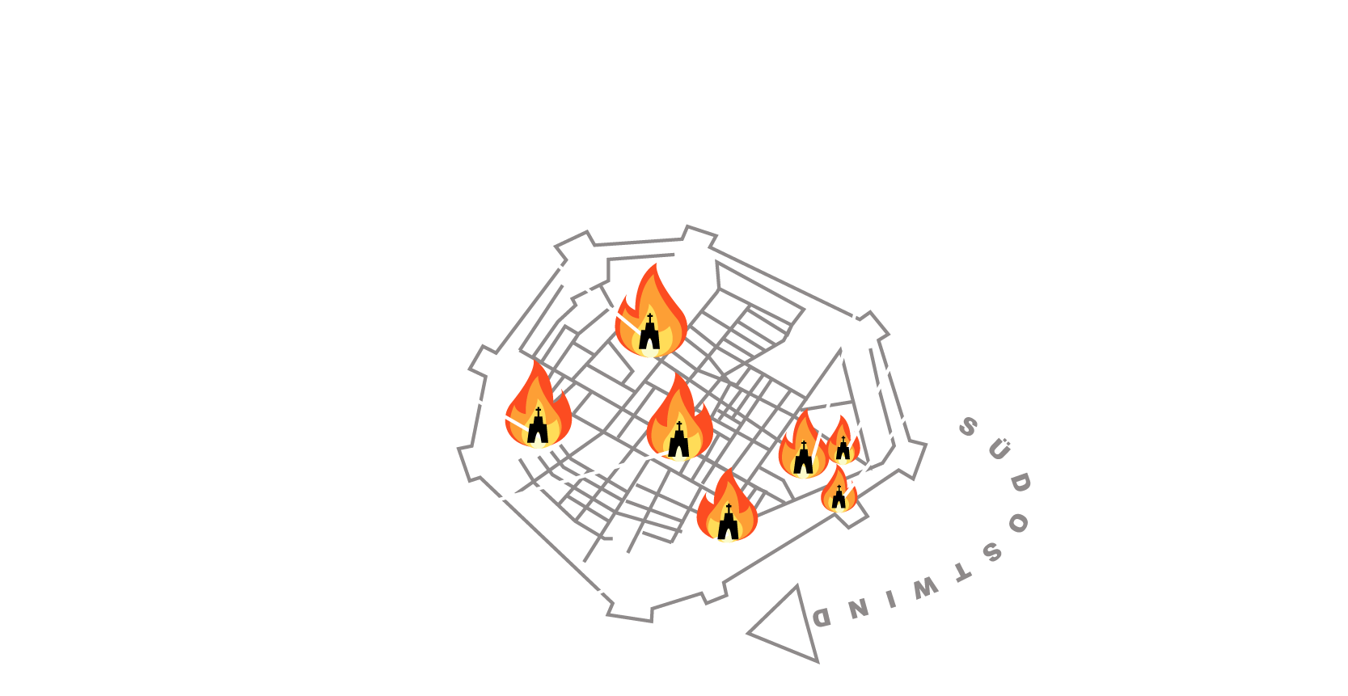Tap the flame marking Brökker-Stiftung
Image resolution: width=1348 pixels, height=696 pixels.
pyautogui.click(x=538, y=408)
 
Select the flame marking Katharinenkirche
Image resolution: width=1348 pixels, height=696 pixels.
pyautogui.click(x=679, y=422)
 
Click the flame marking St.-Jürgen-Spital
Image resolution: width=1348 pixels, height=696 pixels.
pyautogui.click(x=727, y=509)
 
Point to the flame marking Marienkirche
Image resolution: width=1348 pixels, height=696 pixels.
pyautogui.click(x=803, y=449)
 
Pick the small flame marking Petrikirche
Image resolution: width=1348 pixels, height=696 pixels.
pyautogui.click(x=843, y=442)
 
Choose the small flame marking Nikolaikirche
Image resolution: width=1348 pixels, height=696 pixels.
pyautogui.click(x=839, y=491)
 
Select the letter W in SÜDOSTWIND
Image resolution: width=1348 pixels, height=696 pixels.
pyautogui.click(x=925, y=588)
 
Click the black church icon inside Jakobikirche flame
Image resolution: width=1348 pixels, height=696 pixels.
pyautogui.click(x=649, y=334)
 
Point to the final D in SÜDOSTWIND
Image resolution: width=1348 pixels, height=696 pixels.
pyautogui.click(x=822, y=618)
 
